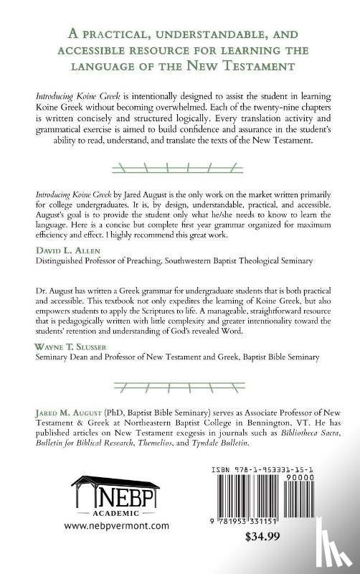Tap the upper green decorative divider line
[x=179, y=170]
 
